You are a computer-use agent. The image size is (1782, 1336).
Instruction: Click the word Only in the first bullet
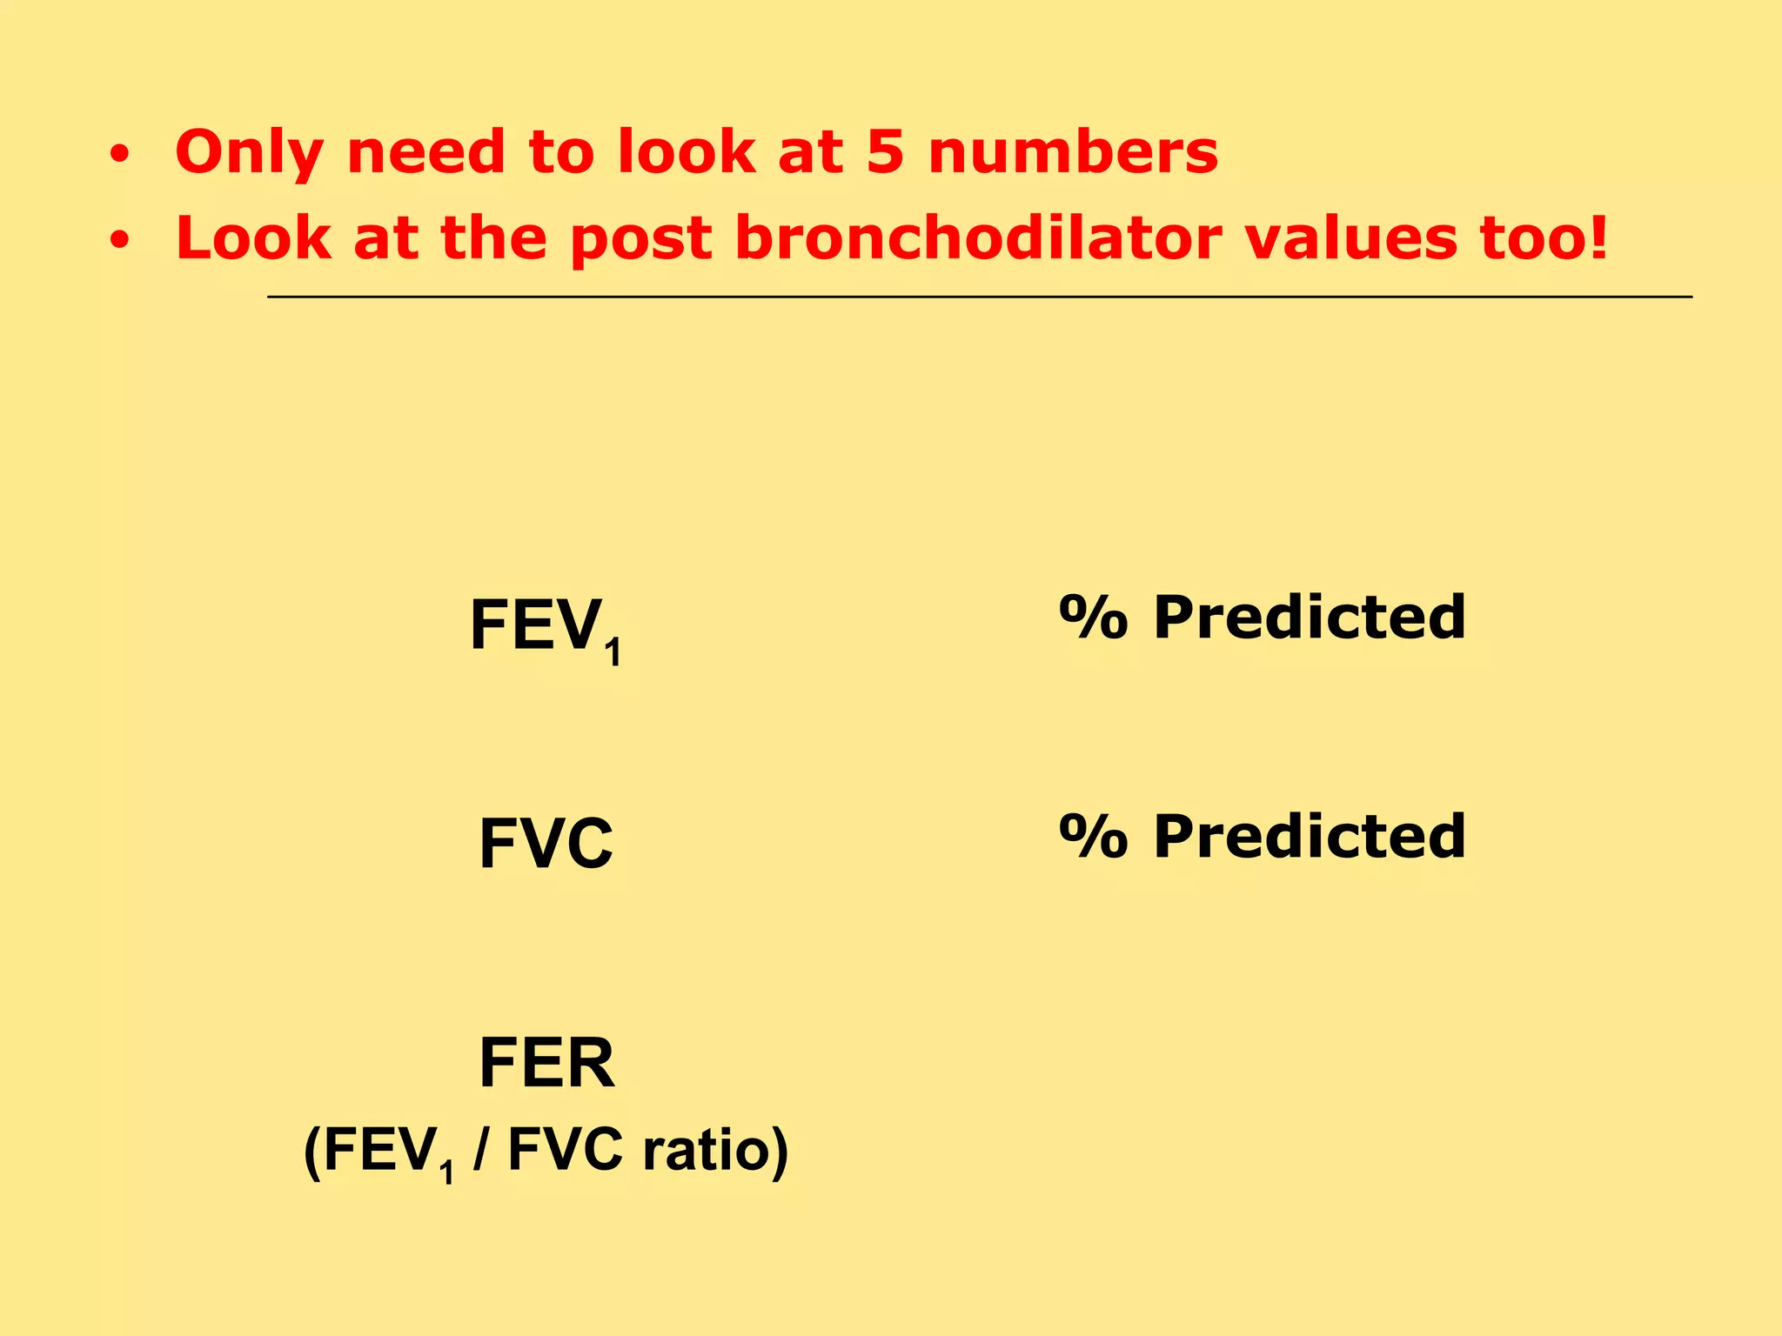(x=248, y=153)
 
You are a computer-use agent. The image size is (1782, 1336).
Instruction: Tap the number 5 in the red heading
(x=885, y=152)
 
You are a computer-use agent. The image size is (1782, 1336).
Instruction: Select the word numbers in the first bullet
(x=1073, y=152)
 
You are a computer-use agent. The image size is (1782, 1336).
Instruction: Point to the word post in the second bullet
(x=640, y=239)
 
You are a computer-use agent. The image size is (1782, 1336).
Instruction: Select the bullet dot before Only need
(x=120, y=155)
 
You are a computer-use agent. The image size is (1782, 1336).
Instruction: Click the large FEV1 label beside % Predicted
(x=544, y=627)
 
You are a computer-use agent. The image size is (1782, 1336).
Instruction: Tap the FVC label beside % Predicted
(x=546, y=843)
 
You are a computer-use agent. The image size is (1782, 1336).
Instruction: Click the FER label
(x=546, y=1062)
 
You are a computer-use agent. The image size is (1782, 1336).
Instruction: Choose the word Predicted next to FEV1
(x=1310, y=618)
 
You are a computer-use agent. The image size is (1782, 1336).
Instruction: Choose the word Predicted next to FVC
(x=1310, y=836)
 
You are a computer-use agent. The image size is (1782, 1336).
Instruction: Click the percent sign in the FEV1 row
(x=1094, y=618)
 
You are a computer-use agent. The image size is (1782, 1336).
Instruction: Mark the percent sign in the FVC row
(x=1094, y=836)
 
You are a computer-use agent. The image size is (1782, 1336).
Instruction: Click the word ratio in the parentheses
(x=705, y=1150)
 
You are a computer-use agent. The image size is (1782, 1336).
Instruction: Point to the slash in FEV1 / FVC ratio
(x=480, y=1150)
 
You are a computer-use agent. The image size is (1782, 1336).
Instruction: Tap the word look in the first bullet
(x=687, y=152)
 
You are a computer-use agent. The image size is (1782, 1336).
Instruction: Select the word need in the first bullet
(x=425, y=152)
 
